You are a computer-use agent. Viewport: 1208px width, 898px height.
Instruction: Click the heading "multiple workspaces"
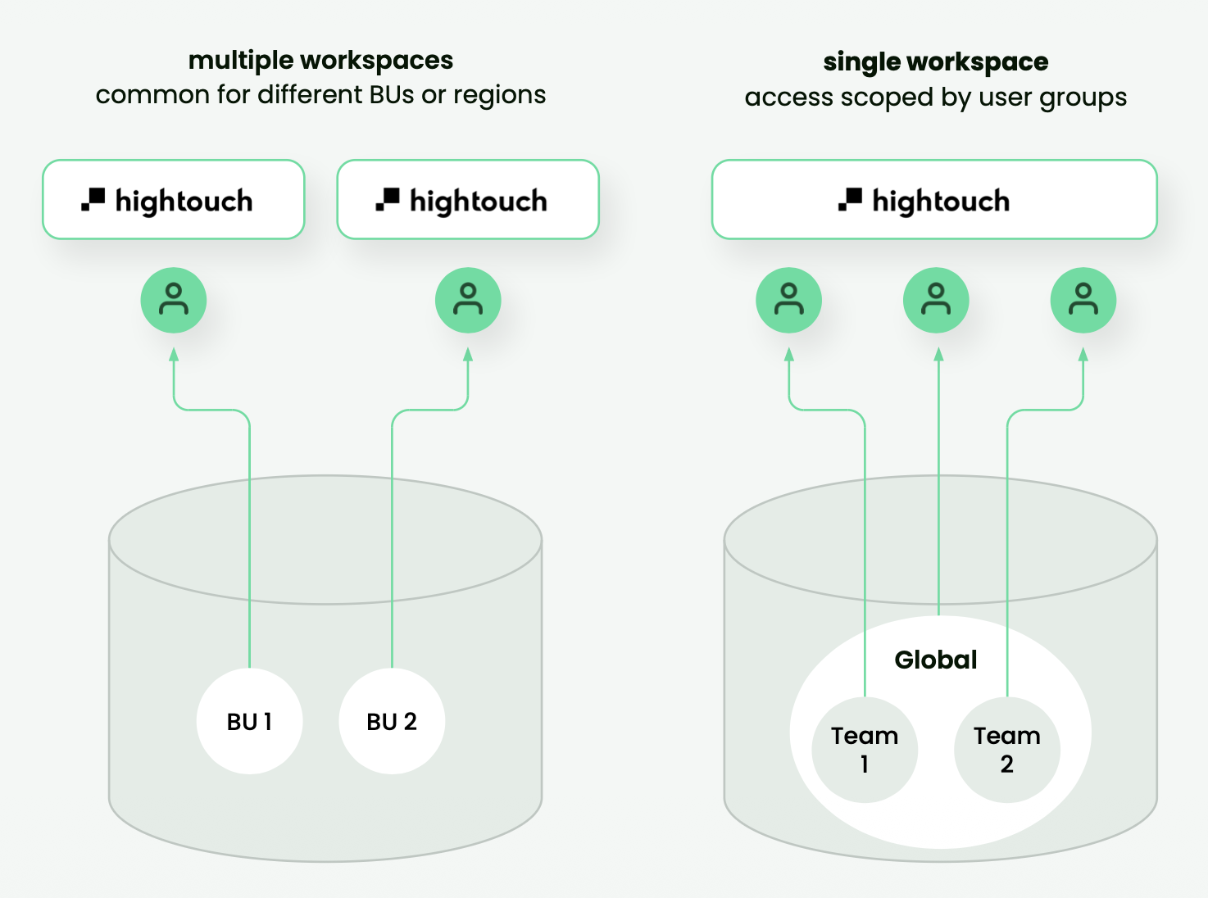(320, 60)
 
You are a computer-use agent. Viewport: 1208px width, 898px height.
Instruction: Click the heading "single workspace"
(935, 61)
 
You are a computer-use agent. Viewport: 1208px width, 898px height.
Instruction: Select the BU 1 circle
(249, 721)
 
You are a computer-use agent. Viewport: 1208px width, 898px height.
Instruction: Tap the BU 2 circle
(392, 721)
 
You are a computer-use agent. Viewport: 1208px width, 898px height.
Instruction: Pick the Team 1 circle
(864, 750)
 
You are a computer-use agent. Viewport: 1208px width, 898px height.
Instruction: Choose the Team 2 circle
(1006, 750)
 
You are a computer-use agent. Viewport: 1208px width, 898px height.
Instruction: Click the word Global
(935, 660)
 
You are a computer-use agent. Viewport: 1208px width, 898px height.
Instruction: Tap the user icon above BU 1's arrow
(174, 300)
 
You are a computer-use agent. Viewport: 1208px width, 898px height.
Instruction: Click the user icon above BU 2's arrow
(468, 300)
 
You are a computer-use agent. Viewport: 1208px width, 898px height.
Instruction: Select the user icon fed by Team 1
(788, 300)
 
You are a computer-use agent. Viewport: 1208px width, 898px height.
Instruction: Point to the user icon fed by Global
(936, 300)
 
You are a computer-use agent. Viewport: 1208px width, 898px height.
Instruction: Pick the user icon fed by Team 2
(1083, 300)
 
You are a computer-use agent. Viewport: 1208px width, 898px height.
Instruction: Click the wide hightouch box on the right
(934, 200)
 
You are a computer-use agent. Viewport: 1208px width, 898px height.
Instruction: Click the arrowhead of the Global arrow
(938, 355)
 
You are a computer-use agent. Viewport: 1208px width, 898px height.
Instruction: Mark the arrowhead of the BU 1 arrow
(174, 355)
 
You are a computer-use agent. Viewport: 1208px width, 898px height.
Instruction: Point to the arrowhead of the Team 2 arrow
(1083, 355)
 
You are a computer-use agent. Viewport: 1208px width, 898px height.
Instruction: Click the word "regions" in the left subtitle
(499, 96)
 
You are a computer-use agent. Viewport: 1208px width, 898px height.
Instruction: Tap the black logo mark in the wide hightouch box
(850, 199)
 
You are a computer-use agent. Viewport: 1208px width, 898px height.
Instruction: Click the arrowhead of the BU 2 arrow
(468, 355)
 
